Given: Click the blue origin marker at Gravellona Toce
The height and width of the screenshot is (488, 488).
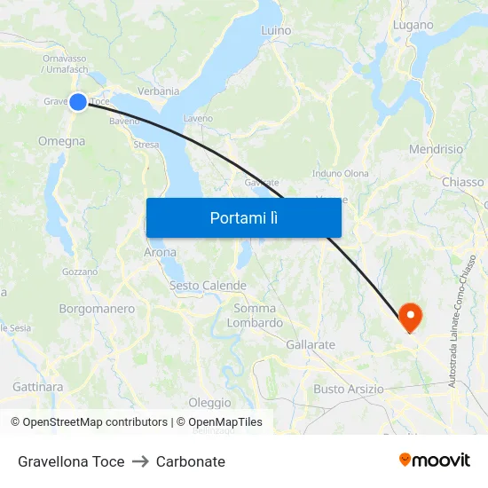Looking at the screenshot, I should tap(78, 102).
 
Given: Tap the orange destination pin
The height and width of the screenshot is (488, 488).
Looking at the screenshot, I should tap(410, 316).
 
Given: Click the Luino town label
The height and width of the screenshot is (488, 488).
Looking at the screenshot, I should tap(276, 30).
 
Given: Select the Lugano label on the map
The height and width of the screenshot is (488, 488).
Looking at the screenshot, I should tap(413, 25).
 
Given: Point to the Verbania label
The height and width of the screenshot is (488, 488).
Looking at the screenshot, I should tap(159, 91).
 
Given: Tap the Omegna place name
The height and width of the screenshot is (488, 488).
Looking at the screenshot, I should tap(62, 141).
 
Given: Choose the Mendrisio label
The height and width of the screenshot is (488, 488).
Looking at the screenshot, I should tap(436, 149).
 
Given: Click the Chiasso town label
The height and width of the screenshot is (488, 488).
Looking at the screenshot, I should tap(463, 182).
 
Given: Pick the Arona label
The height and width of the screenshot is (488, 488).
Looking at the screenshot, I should tap(160, 253).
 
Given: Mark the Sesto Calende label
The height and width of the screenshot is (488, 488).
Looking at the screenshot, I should tap(208, 286).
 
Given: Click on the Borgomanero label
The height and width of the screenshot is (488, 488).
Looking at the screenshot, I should tap(97, 309).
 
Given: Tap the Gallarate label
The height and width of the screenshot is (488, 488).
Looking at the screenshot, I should tap(311, 344).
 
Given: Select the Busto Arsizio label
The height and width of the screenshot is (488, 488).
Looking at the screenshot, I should tap(349, 389).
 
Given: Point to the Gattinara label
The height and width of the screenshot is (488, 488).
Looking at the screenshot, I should tap(38, 387).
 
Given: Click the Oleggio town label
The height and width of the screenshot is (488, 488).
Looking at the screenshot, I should tap(209, 402).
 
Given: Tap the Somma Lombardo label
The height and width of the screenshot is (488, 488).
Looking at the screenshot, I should tap(255, 316).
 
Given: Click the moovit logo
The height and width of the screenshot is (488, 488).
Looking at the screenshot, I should tap(435, 460).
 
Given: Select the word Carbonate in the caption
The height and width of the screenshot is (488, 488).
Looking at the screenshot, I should tap(191, 461).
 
